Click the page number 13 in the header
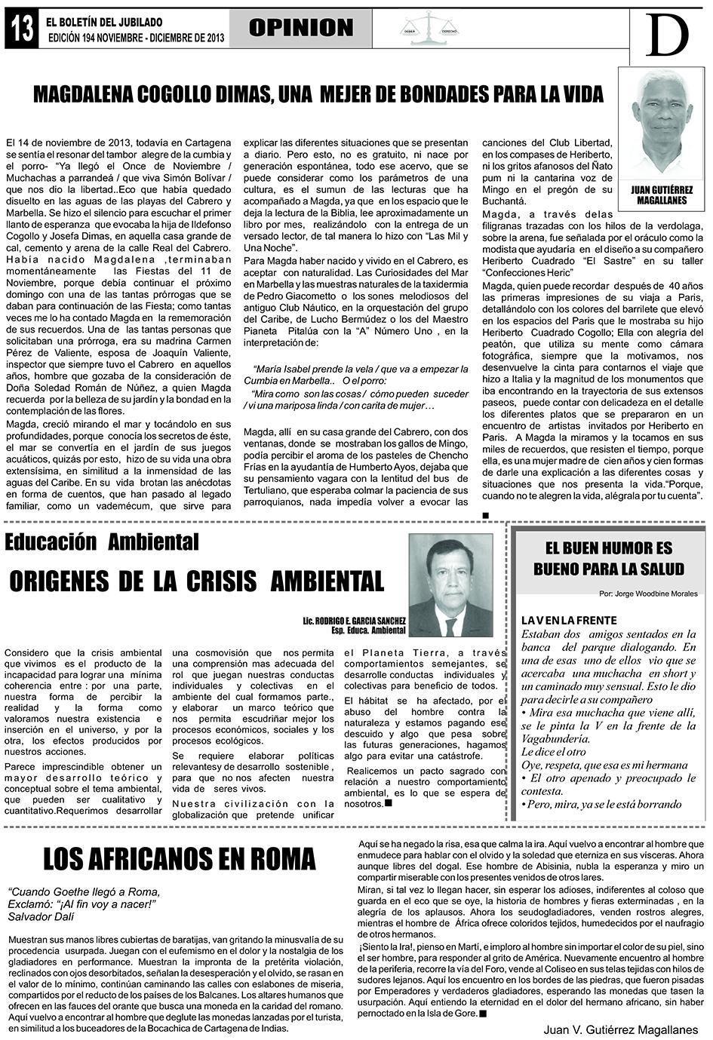(x=22, y=29)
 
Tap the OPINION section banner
(x=301, y=29)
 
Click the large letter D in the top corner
(x=668, y=34)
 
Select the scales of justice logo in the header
(x=428, y=29)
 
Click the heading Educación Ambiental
(x=102, y=541)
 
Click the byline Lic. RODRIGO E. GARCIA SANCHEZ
(x=353, y=619)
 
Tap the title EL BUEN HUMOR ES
(x=608, y=548)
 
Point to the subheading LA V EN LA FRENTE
(x=569, y=620)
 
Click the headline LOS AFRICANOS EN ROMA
(x=180, y=859)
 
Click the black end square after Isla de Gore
(x=483, y=1014)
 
